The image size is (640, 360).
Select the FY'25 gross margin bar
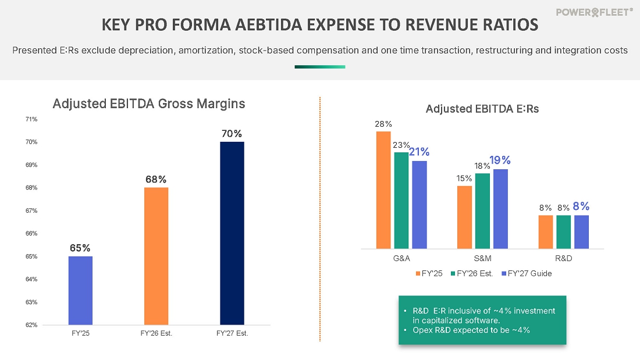coord(80,290)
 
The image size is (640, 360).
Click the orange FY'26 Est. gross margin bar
coord(156,256)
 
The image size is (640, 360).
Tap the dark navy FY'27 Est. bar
coord(232,233)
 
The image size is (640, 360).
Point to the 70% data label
coord(232,134)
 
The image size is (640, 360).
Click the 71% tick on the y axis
coord(31,119)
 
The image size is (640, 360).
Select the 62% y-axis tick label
coord(31,325)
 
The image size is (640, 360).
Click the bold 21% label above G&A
coord(419,152)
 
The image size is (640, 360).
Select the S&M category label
coord(482,258)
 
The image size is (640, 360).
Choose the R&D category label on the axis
coord(563,258)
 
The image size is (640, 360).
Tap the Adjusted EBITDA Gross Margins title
coord(149,104)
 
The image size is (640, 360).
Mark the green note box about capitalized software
coord(482,320)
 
